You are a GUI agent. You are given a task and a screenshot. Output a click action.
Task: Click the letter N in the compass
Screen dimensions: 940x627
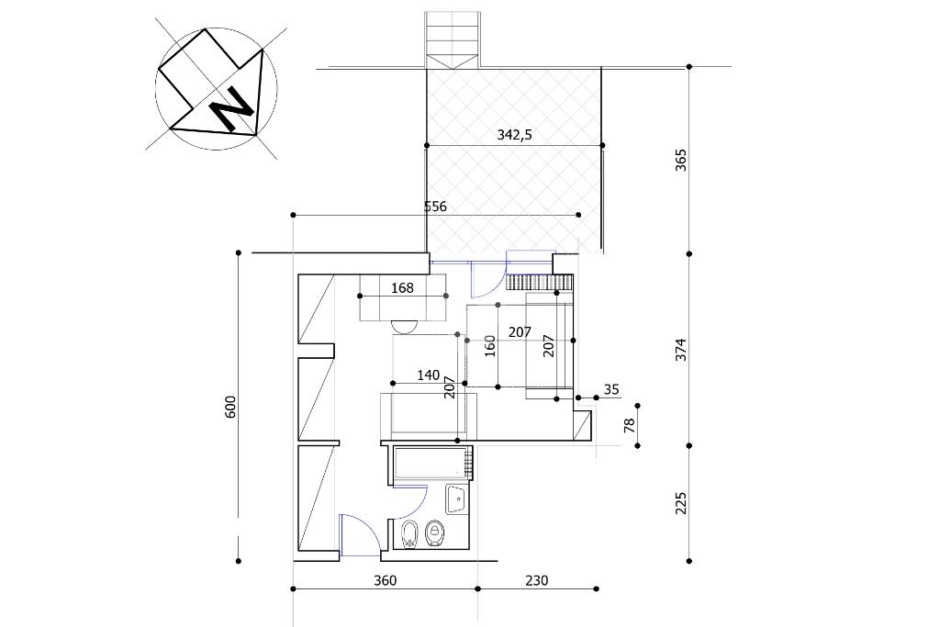230,108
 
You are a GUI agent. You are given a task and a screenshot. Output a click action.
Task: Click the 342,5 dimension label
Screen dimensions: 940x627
514,136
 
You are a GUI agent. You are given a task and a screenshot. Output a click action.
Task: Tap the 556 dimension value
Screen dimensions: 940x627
435,207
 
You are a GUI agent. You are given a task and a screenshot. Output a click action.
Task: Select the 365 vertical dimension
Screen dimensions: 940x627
681,160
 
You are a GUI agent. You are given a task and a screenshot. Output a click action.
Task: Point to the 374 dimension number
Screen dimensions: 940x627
681,350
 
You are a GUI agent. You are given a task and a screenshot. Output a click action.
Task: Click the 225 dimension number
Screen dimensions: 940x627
681,503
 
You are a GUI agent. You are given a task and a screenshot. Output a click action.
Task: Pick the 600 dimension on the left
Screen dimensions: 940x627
231,407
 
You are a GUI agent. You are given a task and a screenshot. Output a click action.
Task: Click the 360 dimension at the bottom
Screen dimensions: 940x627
385,580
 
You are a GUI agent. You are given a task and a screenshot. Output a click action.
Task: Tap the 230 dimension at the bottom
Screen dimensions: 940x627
536,580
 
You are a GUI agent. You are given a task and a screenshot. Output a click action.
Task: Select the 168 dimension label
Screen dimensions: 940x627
402,288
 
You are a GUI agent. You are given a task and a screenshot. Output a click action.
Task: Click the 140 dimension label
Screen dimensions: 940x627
429,375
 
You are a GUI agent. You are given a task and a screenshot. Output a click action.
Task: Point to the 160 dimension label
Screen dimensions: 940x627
490,347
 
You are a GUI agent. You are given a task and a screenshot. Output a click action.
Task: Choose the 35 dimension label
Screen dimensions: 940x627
610,389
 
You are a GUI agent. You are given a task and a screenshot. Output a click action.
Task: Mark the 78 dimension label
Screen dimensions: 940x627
629,426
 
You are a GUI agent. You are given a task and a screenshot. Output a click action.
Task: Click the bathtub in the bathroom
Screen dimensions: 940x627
431,464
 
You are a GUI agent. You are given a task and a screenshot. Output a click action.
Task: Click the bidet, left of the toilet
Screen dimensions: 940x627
410,533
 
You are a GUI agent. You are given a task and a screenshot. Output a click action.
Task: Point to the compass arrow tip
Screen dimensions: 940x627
263,50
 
